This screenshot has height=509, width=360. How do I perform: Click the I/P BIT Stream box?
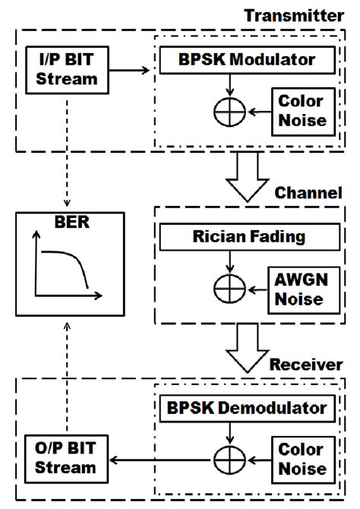pyautogui.click(x=67, y=71)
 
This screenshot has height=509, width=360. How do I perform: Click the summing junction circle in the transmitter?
pyautogui.click(x=226, y=111)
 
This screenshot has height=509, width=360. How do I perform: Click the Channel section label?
pyautogui.click(x=308, y=193)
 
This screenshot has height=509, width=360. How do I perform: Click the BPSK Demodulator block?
pyautogui.click(x=245, y=408)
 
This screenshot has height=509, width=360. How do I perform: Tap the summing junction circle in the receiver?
pyautogui.click(x=226, y=460)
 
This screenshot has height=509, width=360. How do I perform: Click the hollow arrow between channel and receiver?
pyautogui.click(x=245, y=346)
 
